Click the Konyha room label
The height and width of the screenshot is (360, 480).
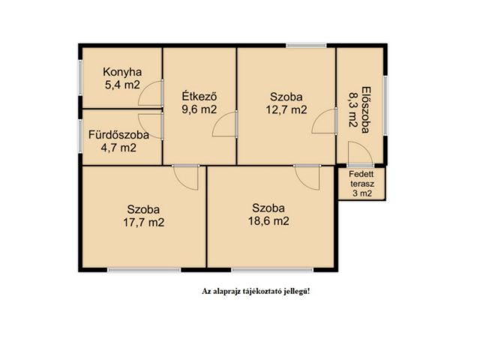[x=122, y=72]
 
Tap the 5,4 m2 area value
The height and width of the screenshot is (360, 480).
[x=122, y=85]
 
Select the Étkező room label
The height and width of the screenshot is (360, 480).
[x=199, y=96]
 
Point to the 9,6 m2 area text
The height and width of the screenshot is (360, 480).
[x=199, y=109]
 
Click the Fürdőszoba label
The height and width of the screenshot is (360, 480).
[x=118, y=135]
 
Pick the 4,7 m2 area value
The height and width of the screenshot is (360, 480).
[x=118, y=148]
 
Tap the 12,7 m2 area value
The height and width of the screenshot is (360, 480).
[x=286, y=109]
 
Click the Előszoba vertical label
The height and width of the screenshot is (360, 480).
[x=365, y=110]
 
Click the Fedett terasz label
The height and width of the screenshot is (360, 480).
[x=361, y=179]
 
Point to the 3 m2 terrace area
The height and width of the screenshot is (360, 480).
[x=362, y=193]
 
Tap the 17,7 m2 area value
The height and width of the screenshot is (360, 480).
[x=143, y=222]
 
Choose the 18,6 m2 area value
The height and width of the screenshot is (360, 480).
[x=268, y=220]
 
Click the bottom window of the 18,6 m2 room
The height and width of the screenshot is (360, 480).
[x=272, y=270]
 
